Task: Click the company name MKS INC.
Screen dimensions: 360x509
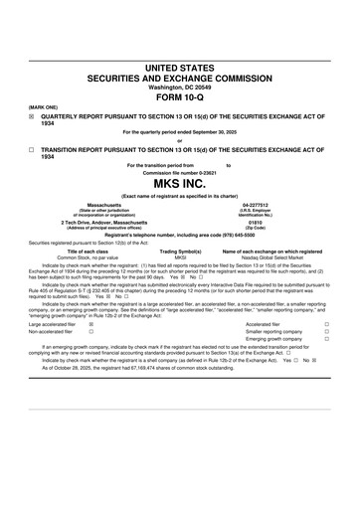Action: (x=179, y=184)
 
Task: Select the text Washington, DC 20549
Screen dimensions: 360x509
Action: (x=179, y=86)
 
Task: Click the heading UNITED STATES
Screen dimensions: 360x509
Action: (x=179, y=66)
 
